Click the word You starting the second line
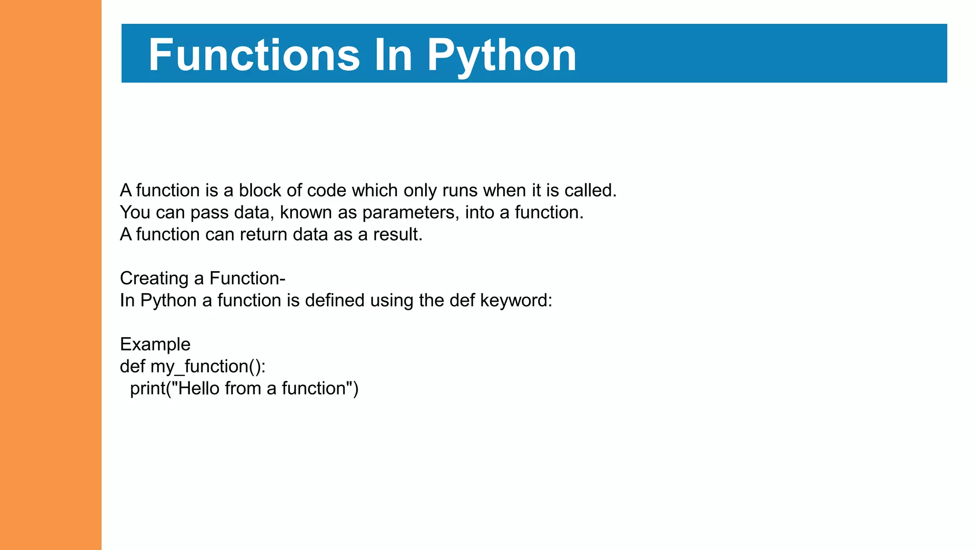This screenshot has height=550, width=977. click(x=135, y=212)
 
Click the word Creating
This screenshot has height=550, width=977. click(x=154, y=278)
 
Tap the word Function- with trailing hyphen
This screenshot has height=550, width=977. click(x=247, y=278)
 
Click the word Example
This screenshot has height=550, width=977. click(x=155, y=344)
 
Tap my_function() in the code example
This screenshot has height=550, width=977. click(x=208, y=366)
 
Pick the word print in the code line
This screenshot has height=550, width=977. click(x=147, y=388)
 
